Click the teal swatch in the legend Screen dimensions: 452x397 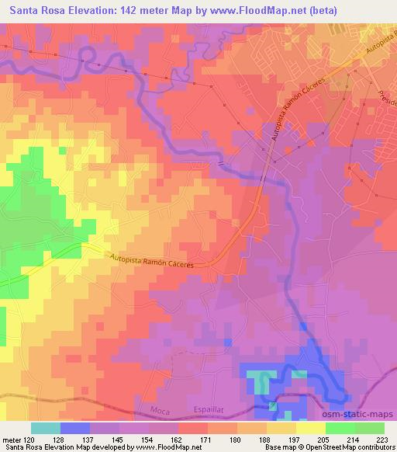click(x=46, y=428)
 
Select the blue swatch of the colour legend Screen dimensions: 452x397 click(x=75, y=428)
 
